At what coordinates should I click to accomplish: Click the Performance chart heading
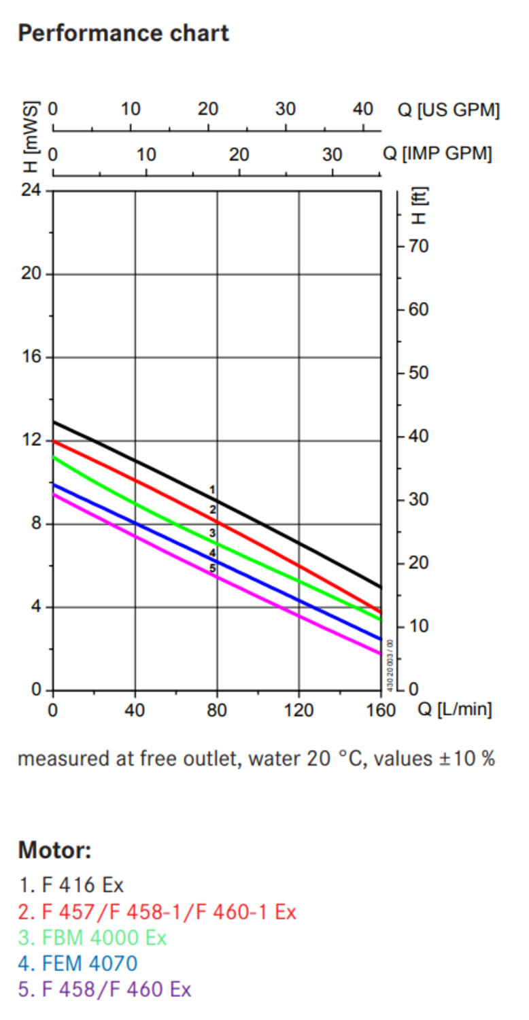click(x=123, y=33)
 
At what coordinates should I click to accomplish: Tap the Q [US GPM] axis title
click(x=448, y=109)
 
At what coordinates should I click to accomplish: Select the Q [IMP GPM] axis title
click(x=437, y=154)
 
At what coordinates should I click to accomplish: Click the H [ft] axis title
click(x=419, y=206)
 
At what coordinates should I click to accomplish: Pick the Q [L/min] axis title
click(x=454, y=710)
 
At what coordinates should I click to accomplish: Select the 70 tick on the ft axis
click(x=420, y=246)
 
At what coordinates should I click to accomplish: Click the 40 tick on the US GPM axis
click(x=363, y=109)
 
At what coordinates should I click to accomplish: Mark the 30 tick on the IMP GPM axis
click(x=332, y=154)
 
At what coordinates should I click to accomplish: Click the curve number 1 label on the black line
click(x=212, y=490)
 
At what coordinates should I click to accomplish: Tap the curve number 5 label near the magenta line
click(x=212, y=568)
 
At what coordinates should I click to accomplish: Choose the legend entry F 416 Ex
click(x=71, y=885)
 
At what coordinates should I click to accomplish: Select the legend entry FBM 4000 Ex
click(x=92, y=938)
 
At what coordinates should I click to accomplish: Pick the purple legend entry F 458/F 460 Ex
click(x=105, y=989)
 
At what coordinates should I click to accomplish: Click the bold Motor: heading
click(x=54, y=850)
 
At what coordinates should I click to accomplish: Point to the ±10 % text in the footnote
click(x=465, y=758)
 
